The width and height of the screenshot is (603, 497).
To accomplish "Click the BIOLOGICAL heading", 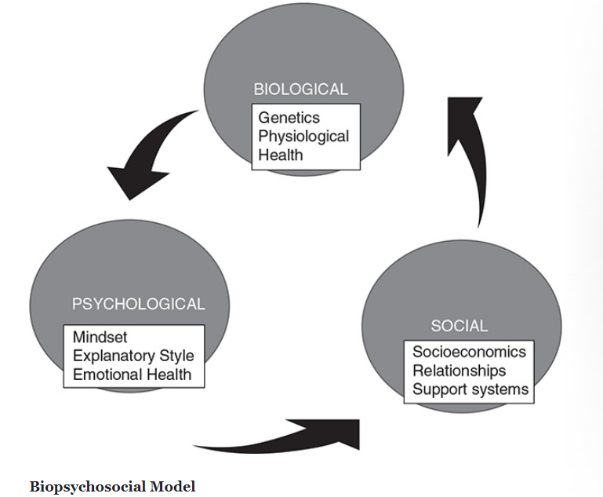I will tap(300, 89).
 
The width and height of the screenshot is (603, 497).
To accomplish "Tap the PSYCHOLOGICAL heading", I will tap(138, 304).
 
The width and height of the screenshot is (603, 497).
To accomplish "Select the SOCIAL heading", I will tap(459, 325).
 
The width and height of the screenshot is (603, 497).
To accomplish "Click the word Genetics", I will tap(289, 118).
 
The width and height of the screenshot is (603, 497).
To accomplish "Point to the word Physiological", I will tap(303, 136).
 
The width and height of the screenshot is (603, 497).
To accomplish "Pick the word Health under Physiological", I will tap(281, 154).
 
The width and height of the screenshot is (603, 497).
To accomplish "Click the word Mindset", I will tap(100, 338).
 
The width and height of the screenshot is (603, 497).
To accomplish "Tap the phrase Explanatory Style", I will tap(133, 356).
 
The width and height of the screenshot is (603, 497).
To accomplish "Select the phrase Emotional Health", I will tap(132, 374).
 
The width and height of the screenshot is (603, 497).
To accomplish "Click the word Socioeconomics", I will tap(469, 352).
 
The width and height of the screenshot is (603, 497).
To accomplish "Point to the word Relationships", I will tap(460, 370).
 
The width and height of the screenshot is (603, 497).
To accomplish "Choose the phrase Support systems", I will tap(470, 389).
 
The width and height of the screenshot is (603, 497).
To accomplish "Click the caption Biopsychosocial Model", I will tap(112, 487).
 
